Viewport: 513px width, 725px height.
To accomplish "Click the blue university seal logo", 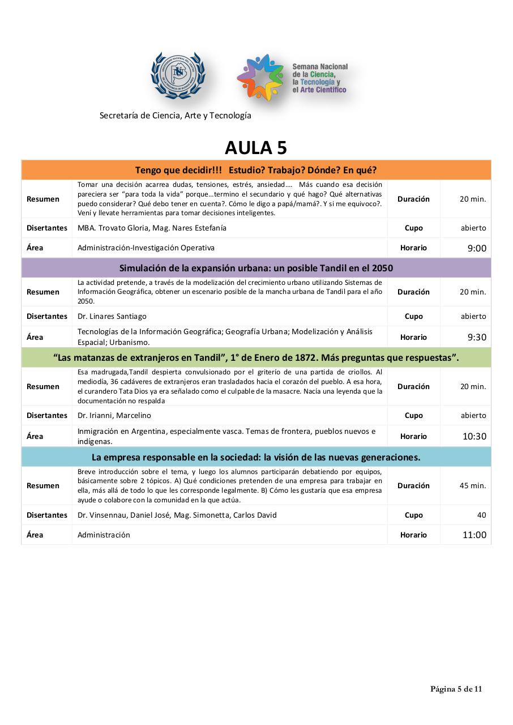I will (178, 76).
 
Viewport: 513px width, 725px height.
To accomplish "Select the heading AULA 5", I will (256, 147).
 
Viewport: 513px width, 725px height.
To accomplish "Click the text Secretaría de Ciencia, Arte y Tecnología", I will (175, 116).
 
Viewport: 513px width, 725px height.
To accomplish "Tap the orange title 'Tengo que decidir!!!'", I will (256, 170).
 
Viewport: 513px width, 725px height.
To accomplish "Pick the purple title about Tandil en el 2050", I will (256, 268).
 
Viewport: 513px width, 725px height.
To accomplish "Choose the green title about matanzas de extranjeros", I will (256, 357).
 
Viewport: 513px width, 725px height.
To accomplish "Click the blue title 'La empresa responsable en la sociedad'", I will (256, 457).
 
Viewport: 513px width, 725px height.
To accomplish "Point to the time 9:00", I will (477, 248).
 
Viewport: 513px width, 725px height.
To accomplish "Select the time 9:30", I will (477, 337).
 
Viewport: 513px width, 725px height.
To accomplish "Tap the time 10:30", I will (474, 437).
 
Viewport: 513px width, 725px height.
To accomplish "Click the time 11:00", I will (474, 535).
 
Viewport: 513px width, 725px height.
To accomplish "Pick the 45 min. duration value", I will (473, 485).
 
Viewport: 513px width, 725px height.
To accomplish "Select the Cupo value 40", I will (481, 515).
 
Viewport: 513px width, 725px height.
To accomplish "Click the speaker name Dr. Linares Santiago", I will (112, 316).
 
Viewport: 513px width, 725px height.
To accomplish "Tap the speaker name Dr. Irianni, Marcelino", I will (114, 415).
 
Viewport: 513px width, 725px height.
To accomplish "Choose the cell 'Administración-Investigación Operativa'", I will (146, 248).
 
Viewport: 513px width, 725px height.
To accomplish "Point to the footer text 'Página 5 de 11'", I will (456, 689).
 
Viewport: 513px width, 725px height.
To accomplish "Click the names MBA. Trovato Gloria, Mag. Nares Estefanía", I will (152, 228).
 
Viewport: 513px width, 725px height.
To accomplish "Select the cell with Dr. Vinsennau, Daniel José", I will (177, 515).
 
